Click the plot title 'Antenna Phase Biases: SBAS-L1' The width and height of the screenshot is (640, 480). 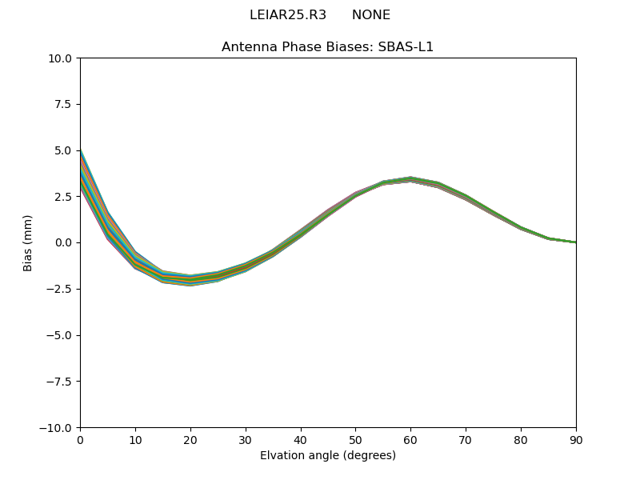click(327, 46)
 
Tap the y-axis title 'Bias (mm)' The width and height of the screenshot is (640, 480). click(28, 242)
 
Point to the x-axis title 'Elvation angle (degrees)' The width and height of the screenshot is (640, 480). click(327, 456)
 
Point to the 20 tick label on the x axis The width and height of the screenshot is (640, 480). click(190, 439)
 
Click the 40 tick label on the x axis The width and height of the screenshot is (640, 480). click(301, 439)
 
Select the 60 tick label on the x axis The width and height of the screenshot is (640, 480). click(410, 439)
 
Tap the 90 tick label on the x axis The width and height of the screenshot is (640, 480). click(575, 439)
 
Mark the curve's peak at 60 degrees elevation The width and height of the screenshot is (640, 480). click(410, 179)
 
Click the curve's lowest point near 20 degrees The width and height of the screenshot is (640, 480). click(190, 281)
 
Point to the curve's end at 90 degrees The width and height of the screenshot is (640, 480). click(575, 242)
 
